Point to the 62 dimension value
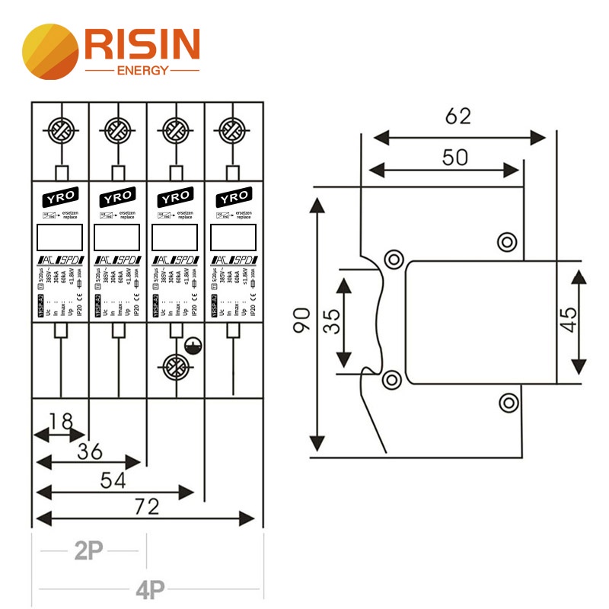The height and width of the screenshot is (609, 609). tap(458, 116)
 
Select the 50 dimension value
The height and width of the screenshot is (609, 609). tap(454, 158)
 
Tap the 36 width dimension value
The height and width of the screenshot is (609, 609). tap(90, 451)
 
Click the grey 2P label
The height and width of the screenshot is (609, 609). tap(89, 550)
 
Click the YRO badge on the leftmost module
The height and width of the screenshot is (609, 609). tap(60, 197)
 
